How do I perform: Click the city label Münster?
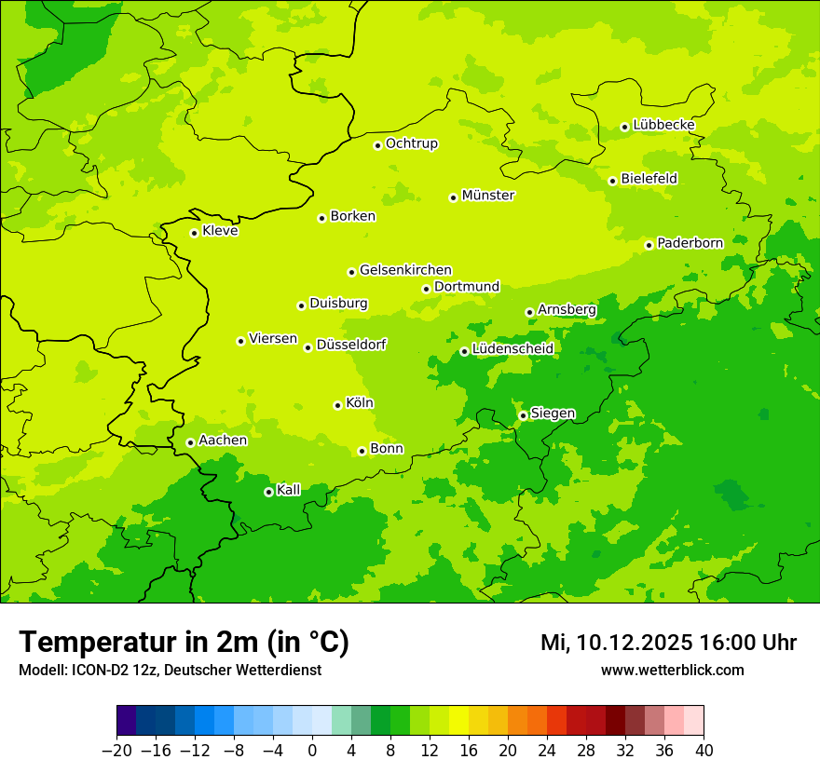[488, 196]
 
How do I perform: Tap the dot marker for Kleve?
[194, 233]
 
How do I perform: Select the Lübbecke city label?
[663, 125]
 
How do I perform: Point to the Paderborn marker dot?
[649, 245]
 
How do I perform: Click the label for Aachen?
[223, 441]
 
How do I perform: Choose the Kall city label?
[289, 490]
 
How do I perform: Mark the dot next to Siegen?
[523, 415]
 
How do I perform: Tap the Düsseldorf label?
[351, 345]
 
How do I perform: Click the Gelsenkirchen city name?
[405, 270]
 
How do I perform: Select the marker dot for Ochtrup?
[377, 145]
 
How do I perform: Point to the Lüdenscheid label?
[512, 349]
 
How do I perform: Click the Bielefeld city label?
[649, 179]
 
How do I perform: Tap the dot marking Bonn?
[362, 451]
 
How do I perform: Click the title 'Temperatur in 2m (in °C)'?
[184, 643]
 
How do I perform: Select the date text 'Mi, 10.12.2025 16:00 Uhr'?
[668, 643]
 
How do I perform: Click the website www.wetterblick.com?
[672, 671]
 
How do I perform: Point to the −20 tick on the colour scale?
[116, 751]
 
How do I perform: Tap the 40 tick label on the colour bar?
[704, 751]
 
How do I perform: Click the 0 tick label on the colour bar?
[312, 751]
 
